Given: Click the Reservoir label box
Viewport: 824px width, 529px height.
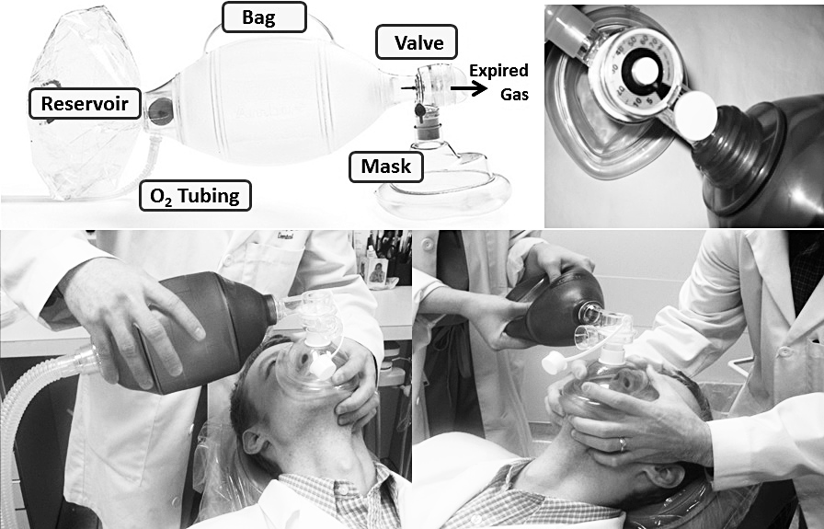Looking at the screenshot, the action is click(x=85, y=104).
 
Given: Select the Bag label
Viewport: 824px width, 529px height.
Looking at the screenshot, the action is click(x=264, y=17).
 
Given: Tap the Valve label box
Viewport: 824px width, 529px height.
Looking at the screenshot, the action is click(x=417, y=42).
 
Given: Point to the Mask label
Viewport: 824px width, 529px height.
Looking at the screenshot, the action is click(x=386, y=167).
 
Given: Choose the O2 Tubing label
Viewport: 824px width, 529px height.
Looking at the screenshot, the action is click(x=195, y=196).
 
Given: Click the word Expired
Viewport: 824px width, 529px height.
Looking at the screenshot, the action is click(x=498, y=71).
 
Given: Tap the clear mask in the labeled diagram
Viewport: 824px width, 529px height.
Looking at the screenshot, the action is click(x=444, y=184).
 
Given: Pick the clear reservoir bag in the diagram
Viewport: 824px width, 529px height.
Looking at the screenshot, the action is click(x=84, y=102).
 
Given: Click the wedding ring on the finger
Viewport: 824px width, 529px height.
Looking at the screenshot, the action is click(x=623, y=445).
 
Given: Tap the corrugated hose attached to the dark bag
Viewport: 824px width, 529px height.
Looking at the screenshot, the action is click(x=31, y=399).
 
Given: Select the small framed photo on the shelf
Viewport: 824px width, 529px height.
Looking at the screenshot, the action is click(x=377, y=272).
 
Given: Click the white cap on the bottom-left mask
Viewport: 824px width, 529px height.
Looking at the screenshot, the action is click(x=322, y=365).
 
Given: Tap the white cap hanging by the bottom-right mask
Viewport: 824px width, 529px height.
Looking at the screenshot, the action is click(x=554, y=362).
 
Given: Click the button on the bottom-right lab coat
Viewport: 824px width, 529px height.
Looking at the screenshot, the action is click(x=785, y=351).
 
